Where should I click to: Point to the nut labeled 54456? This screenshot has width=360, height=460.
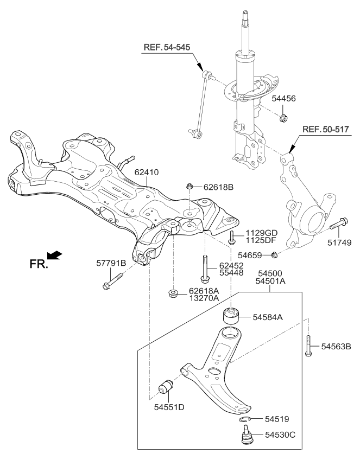point(283,118)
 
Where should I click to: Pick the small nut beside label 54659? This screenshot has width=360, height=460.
point(275,254)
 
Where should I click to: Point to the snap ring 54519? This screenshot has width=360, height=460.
point(244,419)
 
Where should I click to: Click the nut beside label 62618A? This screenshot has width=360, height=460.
point(174,295)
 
